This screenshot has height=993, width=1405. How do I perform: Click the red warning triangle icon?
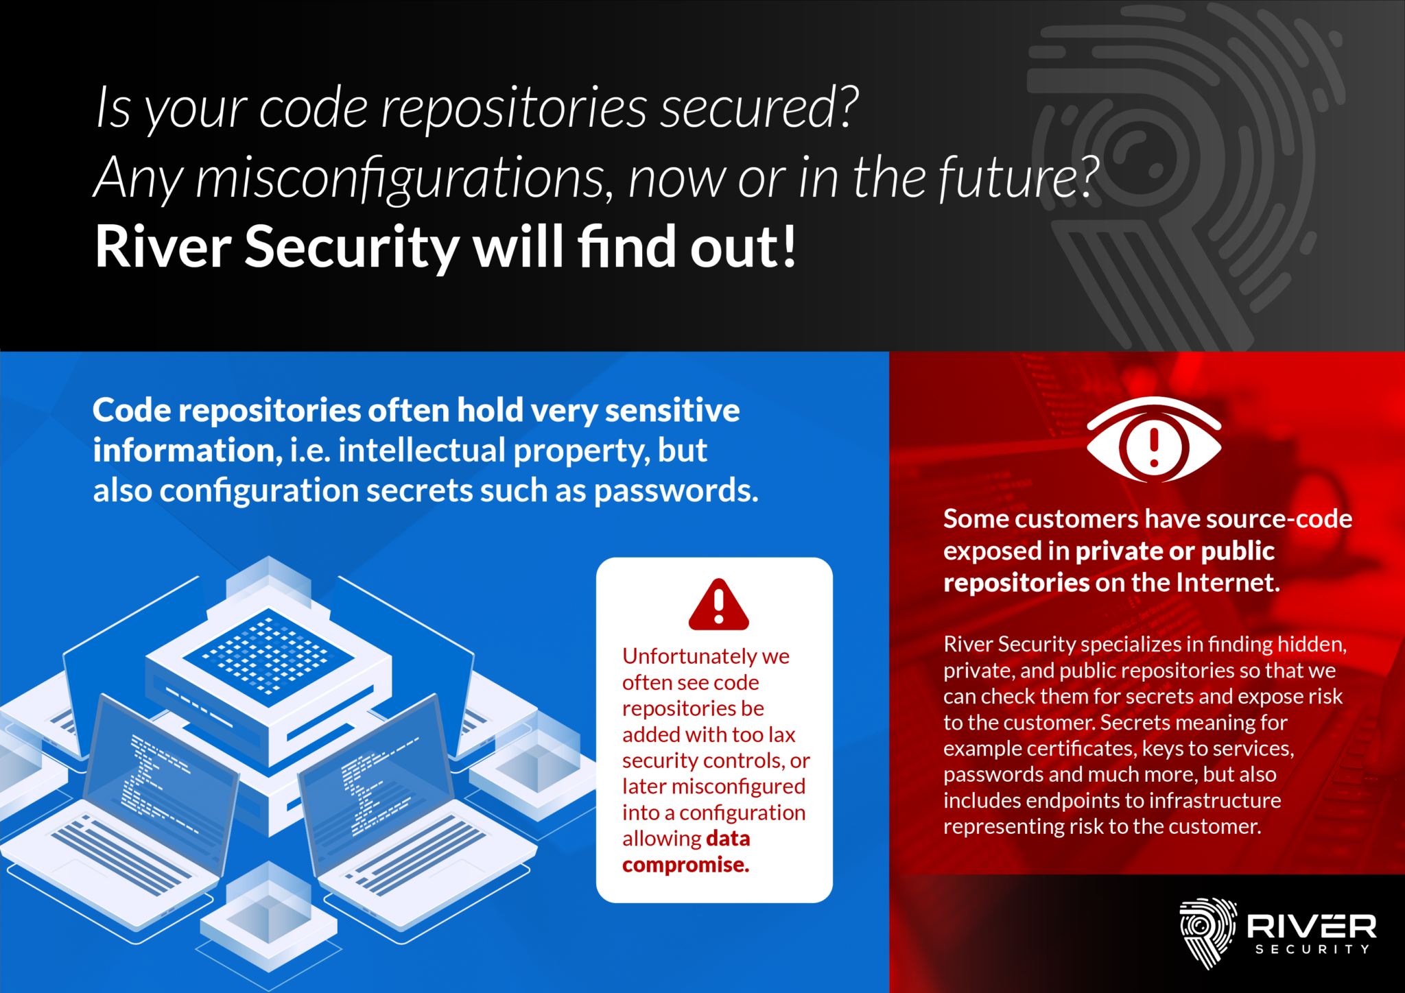coord(718,605)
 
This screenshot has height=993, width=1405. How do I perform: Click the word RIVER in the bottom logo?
coord(1311,926)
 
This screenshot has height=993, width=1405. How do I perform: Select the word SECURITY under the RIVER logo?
coord(1312,950)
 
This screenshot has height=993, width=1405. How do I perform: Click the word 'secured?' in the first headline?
coord(759,108)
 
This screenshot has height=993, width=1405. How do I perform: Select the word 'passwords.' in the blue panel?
coord(676,491)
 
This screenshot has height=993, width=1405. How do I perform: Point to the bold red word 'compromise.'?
coord(685,865)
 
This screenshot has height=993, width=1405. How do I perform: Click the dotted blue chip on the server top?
coord(268,656)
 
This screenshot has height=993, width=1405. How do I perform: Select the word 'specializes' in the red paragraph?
coord(1131,644)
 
